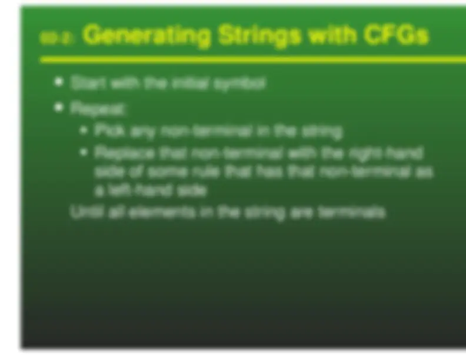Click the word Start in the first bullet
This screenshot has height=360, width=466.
click(x=84, y=84)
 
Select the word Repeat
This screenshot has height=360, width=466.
click(x=98, y=109)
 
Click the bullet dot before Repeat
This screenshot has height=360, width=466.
click(x=58, y=108)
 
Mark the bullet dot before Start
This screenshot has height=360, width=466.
click(x=58, y=82)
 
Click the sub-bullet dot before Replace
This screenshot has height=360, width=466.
click(x=84, y=152)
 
